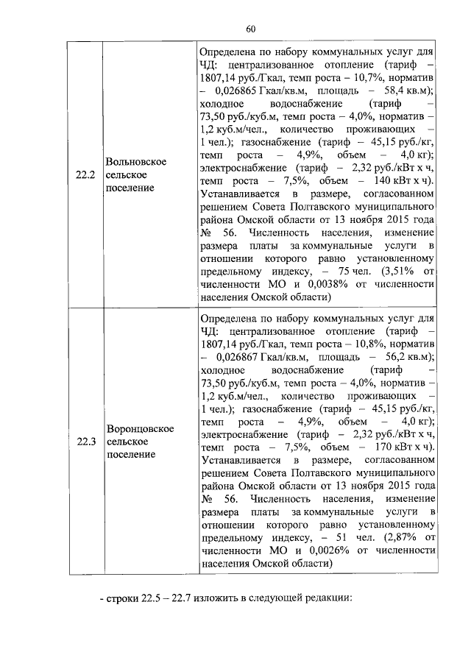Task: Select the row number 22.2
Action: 86,175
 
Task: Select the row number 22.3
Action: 86,441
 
